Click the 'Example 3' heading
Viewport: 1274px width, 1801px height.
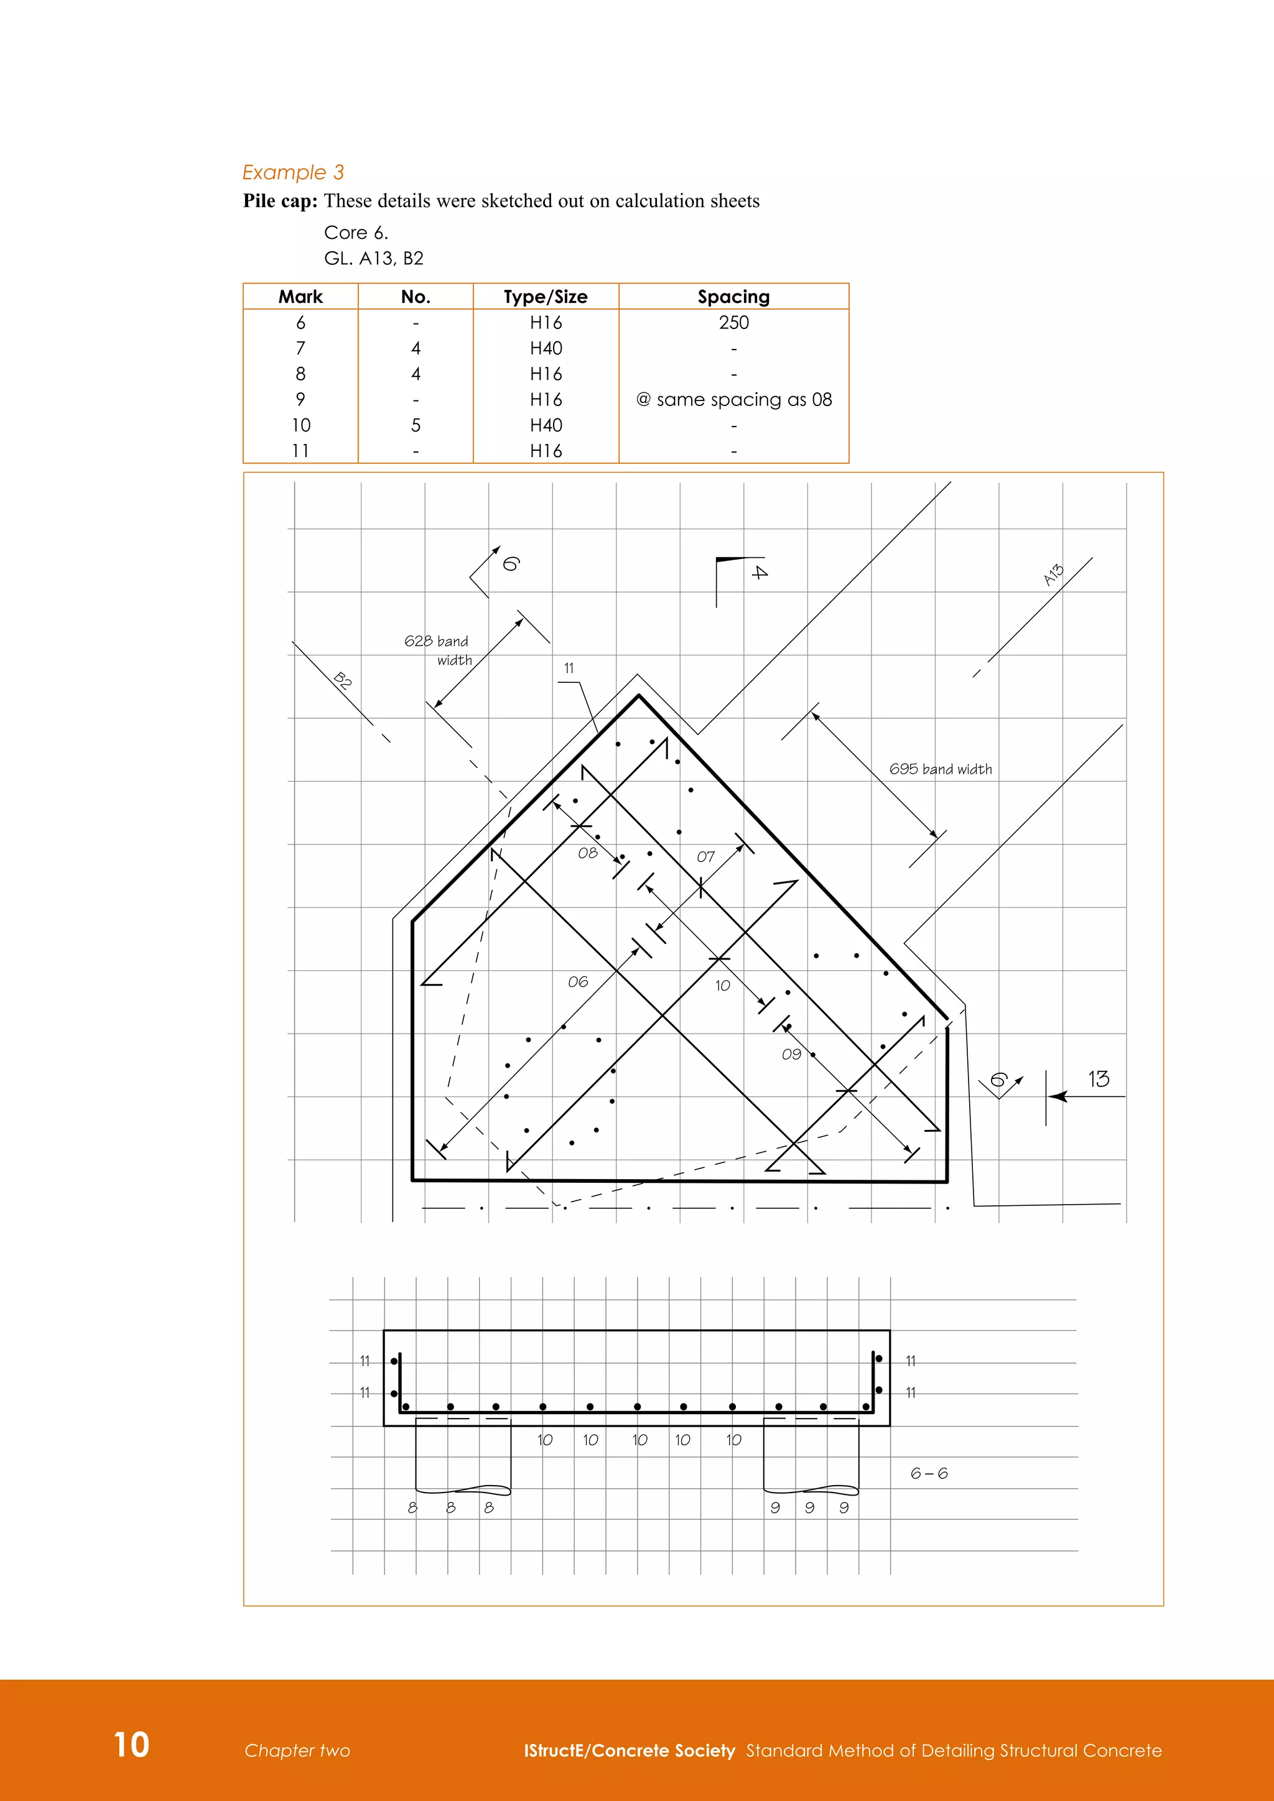click(292, 172)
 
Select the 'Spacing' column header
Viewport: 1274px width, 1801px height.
click(733, 297)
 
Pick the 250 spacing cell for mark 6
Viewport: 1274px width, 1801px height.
click(733, 322)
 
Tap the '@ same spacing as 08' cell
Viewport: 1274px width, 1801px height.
click(733, 399)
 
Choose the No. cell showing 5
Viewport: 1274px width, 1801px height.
click(416, 425)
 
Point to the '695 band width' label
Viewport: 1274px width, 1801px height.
click(940, 769)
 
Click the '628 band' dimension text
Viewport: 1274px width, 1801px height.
click(436, 641)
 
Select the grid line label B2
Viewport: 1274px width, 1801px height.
click(342, 679)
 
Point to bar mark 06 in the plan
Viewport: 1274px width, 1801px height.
click(578, 981)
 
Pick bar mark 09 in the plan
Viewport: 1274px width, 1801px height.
click(791, 1054)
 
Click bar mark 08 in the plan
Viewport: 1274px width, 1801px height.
click(588, 853)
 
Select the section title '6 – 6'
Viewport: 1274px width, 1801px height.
click(929, 1473)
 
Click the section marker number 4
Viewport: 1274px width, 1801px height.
click(760, 572)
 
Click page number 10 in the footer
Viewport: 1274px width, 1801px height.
click(131, 1744)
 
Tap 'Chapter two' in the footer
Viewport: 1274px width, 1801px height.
click(297, 1750)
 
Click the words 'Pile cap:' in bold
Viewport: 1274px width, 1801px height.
click(280, 201)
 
